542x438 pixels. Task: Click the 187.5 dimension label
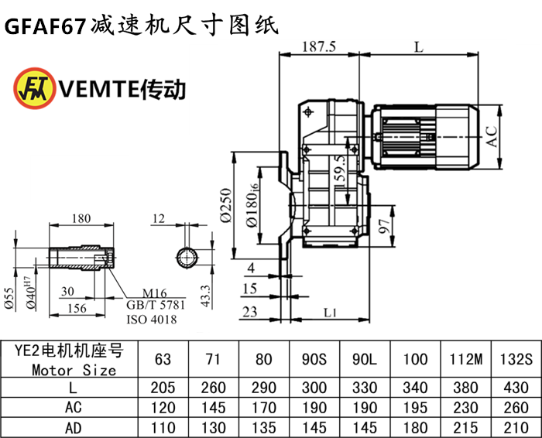point(320,46)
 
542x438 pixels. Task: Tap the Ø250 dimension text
point(225,206)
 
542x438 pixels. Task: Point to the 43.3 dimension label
point(207,293)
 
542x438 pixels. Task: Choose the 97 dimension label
point(382,228)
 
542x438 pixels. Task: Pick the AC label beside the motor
point(491,136)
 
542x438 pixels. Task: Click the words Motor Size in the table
point(74,369)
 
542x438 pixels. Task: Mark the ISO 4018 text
point(151,319)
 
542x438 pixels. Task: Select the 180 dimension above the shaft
point(82,219)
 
